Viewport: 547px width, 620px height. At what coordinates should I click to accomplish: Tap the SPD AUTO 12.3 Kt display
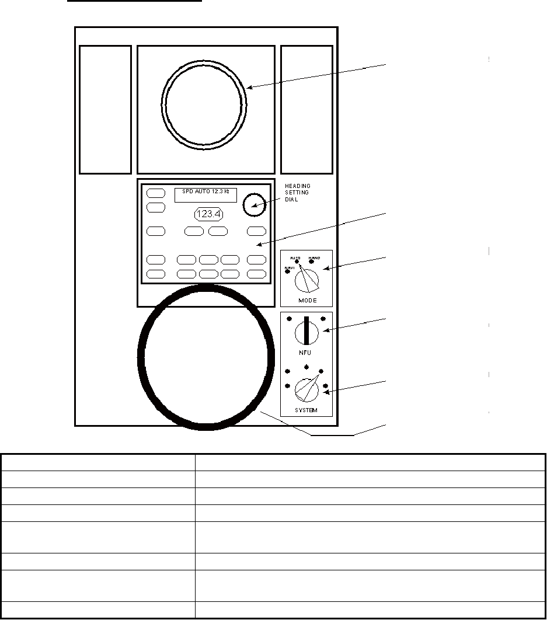tap(205, 194)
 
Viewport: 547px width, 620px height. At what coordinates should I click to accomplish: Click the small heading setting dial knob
tap(252, 203)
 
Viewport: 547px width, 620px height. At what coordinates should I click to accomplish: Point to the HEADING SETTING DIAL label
tap(298, 193)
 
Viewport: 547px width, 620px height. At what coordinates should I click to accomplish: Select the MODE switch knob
tap(306, 281)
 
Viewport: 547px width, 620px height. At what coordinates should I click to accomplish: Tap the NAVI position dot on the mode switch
tap(287, 271)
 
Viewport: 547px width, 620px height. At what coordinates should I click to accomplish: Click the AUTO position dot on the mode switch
tap(297, 261)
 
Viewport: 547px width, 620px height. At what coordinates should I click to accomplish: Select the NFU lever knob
tap(306, 332)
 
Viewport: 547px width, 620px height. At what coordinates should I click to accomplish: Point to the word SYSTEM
tap(306, 410)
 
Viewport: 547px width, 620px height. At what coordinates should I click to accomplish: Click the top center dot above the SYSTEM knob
tap(306, 368)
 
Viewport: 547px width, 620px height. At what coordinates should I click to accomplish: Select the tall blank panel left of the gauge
tap(105, 110)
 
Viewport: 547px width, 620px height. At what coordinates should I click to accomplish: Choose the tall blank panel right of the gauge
tap(306, 110)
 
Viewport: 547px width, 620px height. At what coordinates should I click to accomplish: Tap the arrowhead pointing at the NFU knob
tap(325, 331)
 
